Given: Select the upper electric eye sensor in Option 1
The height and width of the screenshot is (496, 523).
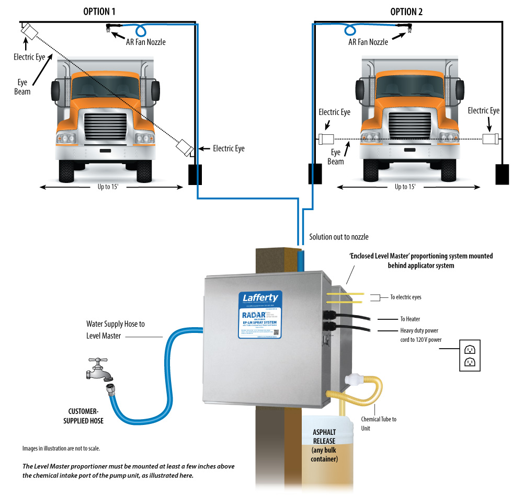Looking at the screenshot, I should pos(29,32).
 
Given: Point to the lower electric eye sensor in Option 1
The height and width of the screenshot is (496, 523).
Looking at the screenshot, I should pos(184,147).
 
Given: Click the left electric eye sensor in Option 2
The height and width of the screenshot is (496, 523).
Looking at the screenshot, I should pos(326,139).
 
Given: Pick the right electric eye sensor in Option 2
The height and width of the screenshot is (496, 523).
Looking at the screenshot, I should pos(490,139).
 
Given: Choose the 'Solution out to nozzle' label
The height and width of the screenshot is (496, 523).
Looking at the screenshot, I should pos(338,237).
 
